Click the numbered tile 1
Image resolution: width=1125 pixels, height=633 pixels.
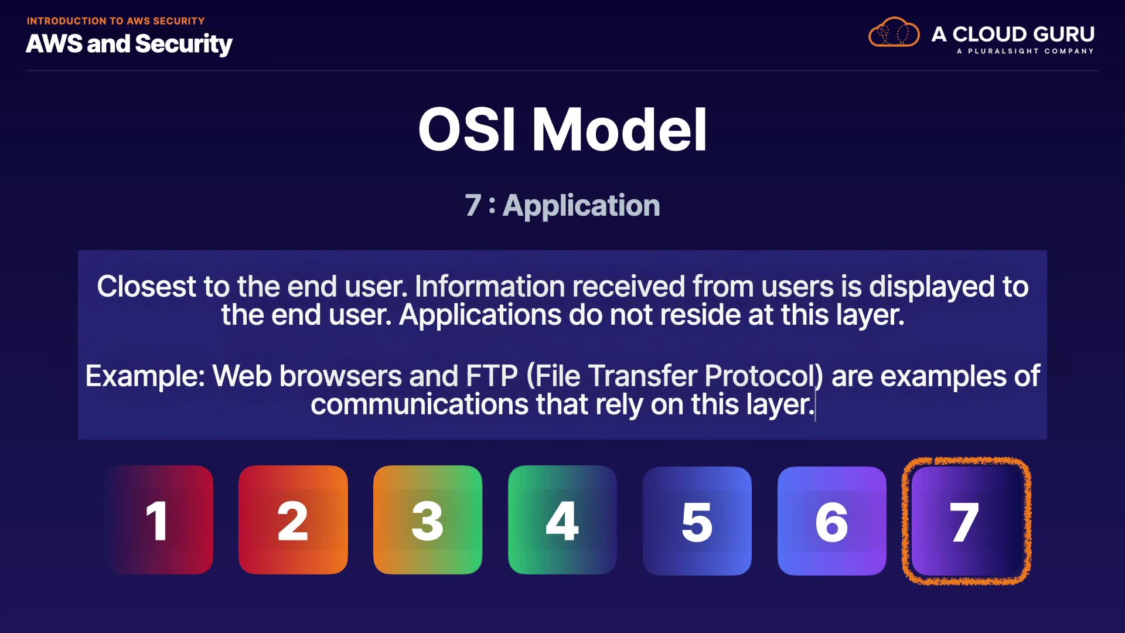[159, 520]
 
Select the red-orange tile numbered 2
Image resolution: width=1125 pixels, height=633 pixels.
[293, 520]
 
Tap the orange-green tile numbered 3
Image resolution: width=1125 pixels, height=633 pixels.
[428, 520]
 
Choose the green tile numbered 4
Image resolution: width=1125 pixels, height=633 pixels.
[562, 520]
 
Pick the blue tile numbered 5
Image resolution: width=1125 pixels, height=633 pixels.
[697, 521]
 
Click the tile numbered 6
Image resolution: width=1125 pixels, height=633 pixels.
[832, 521]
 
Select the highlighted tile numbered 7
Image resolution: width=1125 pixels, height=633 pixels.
[966, 521]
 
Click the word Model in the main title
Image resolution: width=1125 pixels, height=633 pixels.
[619, 130]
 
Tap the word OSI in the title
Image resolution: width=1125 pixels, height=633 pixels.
[467, 130]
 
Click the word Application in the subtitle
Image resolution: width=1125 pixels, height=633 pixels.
[581, 206]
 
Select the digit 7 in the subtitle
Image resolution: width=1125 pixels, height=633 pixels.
[473, 206]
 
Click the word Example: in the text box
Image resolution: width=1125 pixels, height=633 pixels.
[145, 377]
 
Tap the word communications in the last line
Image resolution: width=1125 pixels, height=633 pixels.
[420, 404]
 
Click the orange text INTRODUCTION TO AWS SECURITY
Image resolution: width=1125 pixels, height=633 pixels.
[116, 21]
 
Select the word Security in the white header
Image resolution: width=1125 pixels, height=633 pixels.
[184, 45]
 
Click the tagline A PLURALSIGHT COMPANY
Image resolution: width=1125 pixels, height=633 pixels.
[1025, 52]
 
